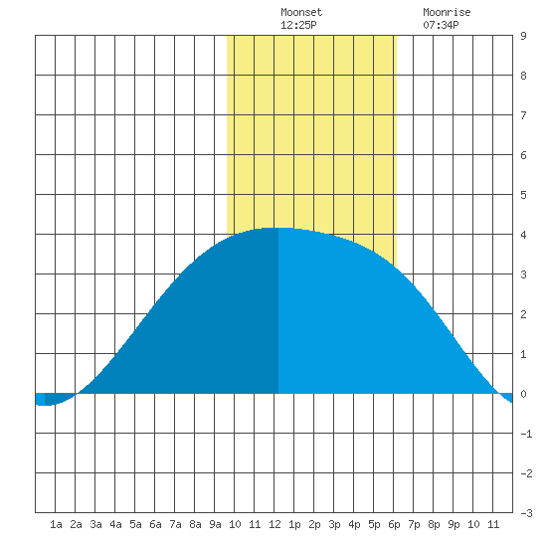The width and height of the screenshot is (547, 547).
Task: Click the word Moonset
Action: coord(301,12)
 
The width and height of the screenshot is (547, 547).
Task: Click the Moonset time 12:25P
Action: coord(298,25)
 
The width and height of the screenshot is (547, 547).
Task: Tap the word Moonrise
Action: coord(447,12)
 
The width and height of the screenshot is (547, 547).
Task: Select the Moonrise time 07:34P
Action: coord(441,25)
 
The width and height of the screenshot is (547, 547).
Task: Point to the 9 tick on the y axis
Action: coord(523,36)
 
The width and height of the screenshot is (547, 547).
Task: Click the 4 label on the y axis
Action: coord(523,235)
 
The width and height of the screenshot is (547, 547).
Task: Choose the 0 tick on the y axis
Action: coord(523,394)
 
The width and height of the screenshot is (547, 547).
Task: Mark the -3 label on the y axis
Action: coord(526,513)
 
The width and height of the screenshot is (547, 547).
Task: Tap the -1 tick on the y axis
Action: coord(526,434)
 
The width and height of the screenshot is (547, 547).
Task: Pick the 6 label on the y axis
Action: coord(523,155)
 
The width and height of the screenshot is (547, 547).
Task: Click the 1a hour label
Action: coord(56,524)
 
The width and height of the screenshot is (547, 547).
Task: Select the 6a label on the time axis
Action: coord(155,524)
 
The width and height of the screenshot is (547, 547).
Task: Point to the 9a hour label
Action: coord(215,524)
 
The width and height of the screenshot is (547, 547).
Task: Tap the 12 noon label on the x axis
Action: coord(274,524)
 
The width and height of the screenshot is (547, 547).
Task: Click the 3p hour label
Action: coord(334,524)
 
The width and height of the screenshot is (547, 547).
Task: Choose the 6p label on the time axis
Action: coord(394,524)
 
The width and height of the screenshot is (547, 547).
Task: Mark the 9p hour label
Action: coord(454,524)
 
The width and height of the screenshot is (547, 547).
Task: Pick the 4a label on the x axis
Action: coord(115,524)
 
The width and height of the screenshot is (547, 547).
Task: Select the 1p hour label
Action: coord(294,524)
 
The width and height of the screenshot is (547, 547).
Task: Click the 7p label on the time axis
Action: coord(414,524)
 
